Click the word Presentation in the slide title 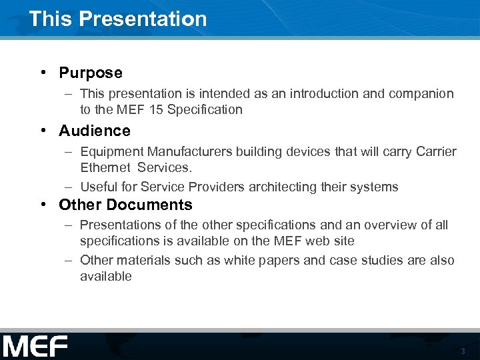click(x=143, y=19)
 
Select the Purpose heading click(x=91, y=73)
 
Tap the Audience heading click(x=94, y=131)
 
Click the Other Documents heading click(x=125, y=205)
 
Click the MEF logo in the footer click(x=35, y=347)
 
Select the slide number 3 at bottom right click(x=462, y=351)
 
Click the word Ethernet click(x=105, y=167)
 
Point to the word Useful click(x=99, y=187)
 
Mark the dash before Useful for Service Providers click(x=69, y=187)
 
